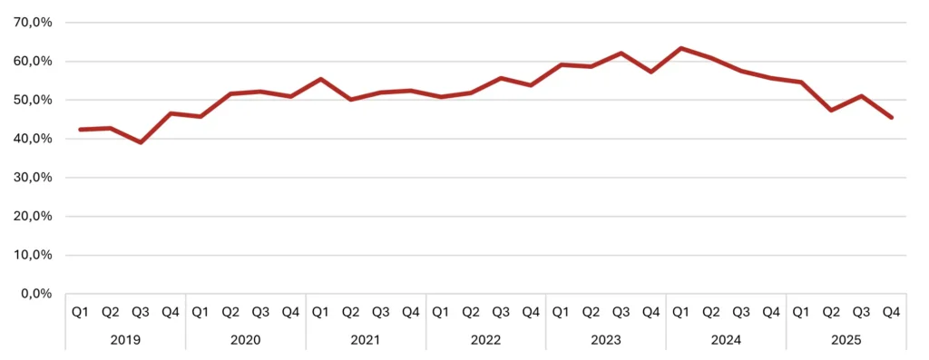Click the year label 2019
pyautogui.click(x=125, y=340)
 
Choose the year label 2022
pyautogui.click(x=485, y=340)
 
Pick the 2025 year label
pyautogui.click(x=846, y=340)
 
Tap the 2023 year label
pyautogui.click(x=605, y=340)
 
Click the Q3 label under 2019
pyautogui.click(x=141, y=312)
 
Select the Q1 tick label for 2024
pyautogui.click(x=680, y=312)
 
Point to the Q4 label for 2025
pyautogui.click(x=891, y=312)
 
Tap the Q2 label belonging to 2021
pyautogui.click(x=350, y=312)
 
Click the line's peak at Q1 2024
pyautogui.click(x=680, y=48)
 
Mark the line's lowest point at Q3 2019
pyautogui.click(x=141, y=142)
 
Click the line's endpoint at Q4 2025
pyautogui.click(x=892, y=117)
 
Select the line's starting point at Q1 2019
pyautogui.click(x=81, y=130)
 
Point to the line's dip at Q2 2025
pyautogui.click(x=831, y=111)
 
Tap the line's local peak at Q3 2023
pyautogui.click(x=621, y=53)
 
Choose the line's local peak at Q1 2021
pyautogui.click(x=320, y=79)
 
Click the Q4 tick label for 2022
pyautogui.click(x=531, y=312)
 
